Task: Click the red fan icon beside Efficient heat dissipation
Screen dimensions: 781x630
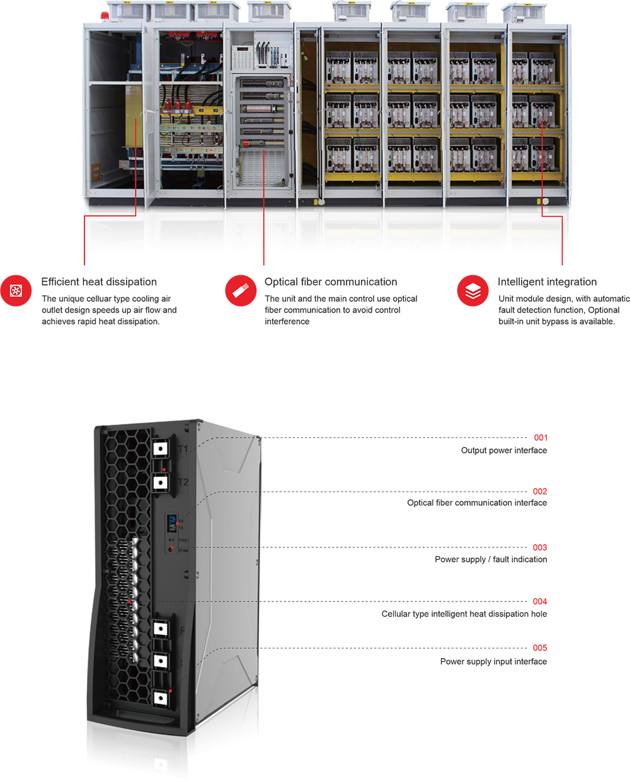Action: (16, 290)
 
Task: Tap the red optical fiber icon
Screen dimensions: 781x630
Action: (241, 290)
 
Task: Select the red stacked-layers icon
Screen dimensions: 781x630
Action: (472, 290)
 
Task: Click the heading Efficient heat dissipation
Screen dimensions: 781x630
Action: (99, 282)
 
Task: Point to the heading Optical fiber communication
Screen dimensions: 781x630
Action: (331, 282)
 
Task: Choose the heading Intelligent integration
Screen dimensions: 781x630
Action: (547, 282)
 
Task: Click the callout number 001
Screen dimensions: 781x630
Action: (541, 438)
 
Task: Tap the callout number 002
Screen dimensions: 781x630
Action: (540, 491)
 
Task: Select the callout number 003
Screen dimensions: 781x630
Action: (540, 547)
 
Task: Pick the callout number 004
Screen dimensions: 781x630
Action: (540, 601)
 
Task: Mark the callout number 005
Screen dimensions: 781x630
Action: (540, 647)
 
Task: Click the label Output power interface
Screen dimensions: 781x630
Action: (504, 450)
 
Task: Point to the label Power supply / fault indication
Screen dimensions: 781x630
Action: (491, 559)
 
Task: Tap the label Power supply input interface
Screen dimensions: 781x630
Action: (493, 661)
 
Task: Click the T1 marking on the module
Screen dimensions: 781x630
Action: (183, 449)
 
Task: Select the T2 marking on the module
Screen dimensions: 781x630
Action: (183, 482)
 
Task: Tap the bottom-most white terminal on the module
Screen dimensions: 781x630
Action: (161, 698)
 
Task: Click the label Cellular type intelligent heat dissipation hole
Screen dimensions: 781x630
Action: (464, 614)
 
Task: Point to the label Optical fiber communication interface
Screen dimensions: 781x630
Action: (477, 503)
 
